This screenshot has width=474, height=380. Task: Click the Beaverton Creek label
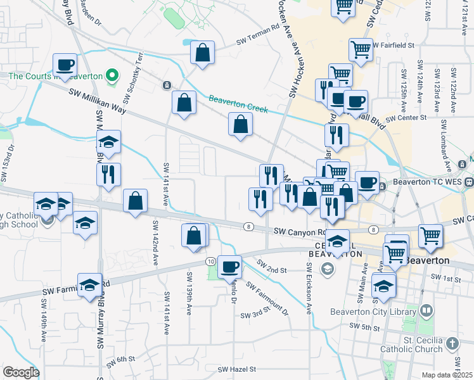point(238,104)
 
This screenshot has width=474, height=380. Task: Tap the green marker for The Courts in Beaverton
point(112,76)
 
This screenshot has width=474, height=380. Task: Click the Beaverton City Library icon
point(426,311)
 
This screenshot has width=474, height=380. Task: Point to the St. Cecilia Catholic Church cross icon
point(451,344)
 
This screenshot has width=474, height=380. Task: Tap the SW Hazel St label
point(236,369)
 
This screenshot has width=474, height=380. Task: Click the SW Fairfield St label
point(393,46)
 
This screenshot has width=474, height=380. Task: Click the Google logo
point(21,372)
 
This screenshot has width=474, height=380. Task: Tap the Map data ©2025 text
point(447,375)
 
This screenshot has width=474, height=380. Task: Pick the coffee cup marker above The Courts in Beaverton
point(65,64)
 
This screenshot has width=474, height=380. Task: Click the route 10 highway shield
point(210,261)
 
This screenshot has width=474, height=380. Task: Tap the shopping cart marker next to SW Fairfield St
point(361,49)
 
